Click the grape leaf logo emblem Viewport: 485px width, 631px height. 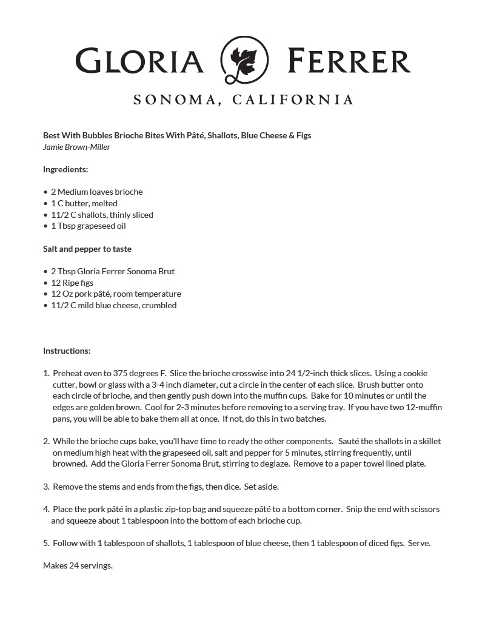pos(243,59)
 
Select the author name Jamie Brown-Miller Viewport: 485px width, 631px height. pos(76,147)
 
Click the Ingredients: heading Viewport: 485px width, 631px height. pos(65,169)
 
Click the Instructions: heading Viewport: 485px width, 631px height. pos(67,351)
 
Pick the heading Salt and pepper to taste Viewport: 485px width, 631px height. pos(87,249)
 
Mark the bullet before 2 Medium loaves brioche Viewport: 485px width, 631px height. pos(45,192)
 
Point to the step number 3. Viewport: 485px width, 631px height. pos(45,487)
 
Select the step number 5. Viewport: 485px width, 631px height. pos(45,543)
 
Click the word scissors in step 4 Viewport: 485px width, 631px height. pos(424,509)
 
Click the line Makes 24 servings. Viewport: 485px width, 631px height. pos(78,565)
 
